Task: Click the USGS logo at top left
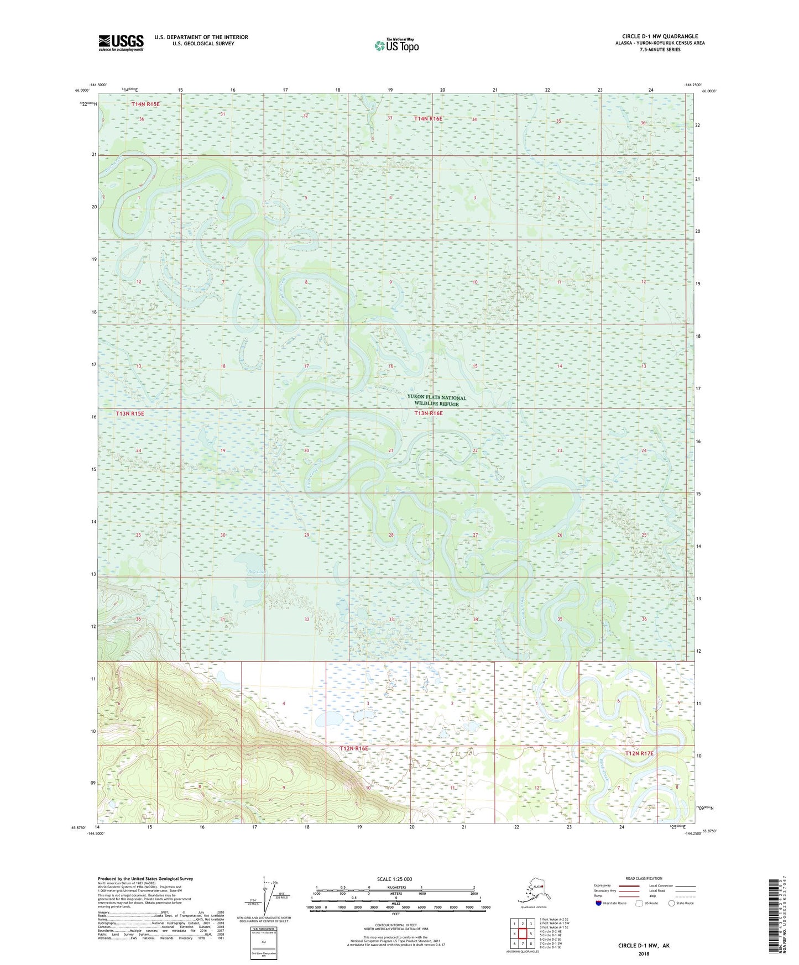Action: pyautogui.click(x=121, y=43)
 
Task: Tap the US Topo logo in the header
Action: pyautogui.click(x=396, y=45)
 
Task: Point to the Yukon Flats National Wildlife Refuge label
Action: pyautogui.click(x=436, y=401)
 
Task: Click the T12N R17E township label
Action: pyautogui.click(x=639, y=753)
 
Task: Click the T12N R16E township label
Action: pyautogui.click(x=353, y=748)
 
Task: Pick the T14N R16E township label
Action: pyautogui.click(x=429, y=118)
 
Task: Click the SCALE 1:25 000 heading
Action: pyautogui.click(x=395, y=879)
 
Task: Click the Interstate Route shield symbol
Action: pyautogui.click(x=598, y=903)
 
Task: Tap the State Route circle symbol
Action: pyautogui.click(x=672, y=903)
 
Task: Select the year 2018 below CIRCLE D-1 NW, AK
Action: pyautogui.click(x=643, y=953)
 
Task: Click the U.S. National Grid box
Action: pyautogui.click(x=263, y=943)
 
